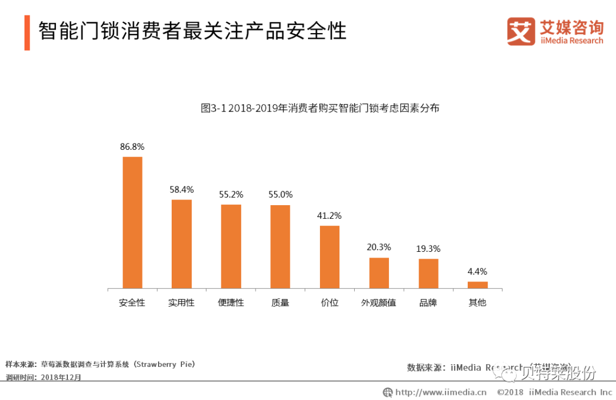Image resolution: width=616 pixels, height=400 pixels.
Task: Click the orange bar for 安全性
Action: click(x=132, y=222)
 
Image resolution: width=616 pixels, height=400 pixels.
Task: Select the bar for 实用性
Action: click(x=181, y=244)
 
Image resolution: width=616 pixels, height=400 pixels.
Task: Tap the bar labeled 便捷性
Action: click(x=231, y=246)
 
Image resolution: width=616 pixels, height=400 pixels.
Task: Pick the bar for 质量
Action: click(x=280, y=246)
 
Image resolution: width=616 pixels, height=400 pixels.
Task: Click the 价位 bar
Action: click(x=330, y=257)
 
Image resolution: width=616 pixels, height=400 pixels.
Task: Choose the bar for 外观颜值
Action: click(x=379, y=273)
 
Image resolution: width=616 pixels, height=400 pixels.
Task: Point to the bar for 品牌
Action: click(x=428, y=274)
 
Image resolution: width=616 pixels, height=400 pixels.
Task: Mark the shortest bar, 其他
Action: click(x=477, y=285)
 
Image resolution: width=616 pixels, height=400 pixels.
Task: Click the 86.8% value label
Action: click(x=132, y=146)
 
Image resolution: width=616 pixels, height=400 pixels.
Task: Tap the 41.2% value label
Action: click(x=330, y=216)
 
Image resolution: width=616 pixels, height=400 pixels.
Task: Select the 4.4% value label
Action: click(x=477, y=271)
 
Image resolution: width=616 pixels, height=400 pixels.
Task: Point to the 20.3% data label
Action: click(x=379, y=247)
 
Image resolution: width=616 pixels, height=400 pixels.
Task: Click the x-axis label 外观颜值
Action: click(x=379, y=303)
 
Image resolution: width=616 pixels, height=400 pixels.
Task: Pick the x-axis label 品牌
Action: click(x=428, y=303)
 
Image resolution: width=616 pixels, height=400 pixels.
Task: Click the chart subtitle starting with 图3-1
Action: click(x=320, y=108)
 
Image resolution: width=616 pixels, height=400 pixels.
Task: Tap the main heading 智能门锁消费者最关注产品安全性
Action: click(x=192, y=31)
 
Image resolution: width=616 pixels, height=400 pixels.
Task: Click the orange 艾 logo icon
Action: click(x=521, y=31)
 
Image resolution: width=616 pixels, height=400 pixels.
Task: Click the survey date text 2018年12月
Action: click(x=61, y=377)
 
